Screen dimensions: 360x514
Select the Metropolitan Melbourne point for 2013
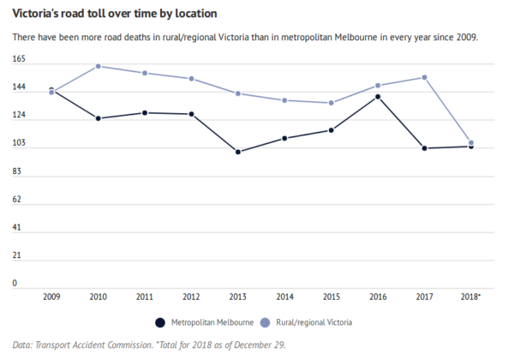238,152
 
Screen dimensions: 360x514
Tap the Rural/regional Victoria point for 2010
99,66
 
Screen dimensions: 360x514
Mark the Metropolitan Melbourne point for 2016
378,97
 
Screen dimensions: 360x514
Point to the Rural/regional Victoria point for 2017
424,77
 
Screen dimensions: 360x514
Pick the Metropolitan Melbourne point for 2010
99,118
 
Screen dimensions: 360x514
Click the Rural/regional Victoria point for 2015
332,103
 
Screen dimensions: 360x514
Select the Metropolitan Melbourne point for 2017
424,148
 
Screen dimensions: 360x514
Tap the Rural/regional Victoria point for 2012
192,79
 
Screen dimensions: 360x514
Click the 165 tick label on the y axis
19,60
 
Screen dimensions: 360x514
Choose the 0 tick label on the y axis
15,283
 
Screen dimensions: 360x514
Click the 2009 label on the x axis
51,297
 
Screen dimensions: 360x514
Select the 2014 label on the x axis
284,297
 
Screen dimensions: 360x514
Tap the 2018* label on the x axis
470,297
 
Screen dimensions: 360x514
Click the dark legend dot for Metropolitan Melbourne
159,322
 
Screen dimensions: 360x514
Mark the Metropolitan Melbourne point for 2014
284,138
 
